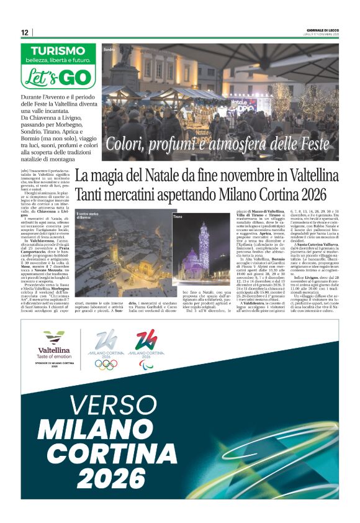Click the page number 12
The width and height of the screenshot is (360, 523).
point(24,32)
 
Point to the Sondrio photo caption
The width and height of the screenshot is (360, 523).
point(110,49)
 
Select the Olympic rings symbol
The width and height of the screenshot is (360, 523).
point(106,365)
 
